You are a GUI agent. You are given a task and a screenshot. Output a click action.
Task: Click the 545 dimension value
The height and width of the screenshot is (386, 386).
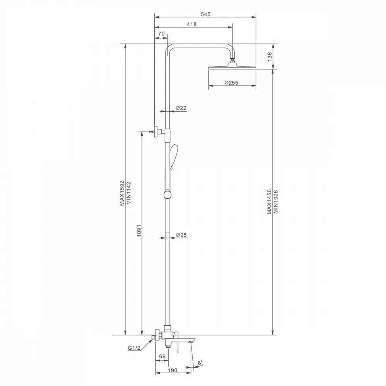pos(206,14)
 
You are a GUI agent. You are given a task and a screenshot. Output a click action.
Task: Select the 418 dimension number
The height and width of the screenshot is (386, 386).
pos(191,24)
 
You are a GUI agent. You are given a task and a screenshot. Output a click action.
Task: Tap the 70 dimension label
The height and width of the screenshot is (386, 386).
pos(161,34)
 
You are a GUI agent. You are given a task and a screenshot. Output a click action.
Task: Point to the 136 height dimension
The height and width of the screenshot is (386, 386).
pos(270,57)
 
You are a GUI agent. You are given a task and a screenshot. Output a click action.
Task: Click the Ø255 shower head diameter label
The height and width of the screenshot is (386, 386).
pos(231,83)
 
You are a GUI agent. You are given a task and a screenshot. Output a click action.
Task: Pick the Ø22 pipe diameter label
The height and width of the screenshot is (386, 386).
pos(181,108)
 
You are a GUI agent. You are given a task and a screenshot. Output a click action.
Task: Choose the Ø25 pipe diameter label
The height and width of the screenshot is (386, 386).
pos(181,235)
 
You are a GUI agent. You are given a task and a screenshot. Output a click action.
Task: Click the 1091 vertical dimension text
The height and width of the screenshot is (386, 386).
pos(139,231)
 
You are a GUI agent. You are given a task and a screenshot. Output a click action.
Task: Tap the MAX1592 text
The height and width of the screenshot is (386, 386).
pos(122,193)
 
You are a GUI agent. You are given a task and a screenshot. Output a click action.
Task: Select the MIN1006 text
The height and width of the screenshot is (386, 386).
pos(276,201)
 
